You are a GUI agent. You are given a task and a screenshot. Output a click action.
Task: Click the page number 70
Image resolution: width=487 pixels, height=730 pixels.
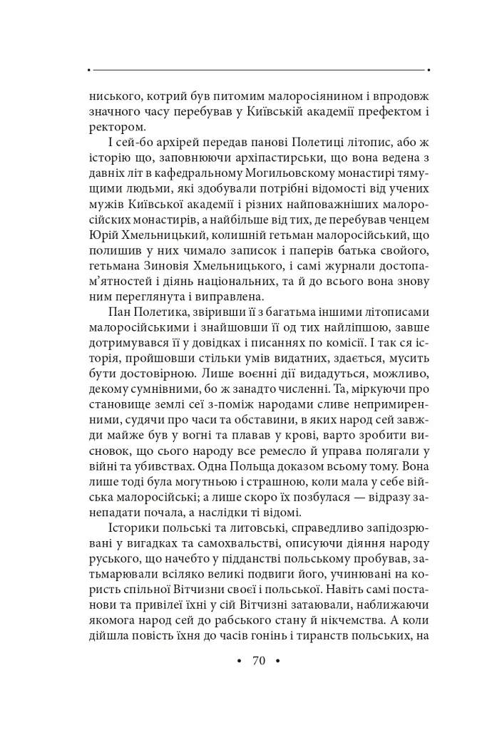(258, 661)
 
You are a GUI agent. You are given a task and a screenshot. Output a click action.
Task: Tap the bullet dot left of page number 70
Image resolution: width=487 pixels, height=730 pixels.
(239, 661)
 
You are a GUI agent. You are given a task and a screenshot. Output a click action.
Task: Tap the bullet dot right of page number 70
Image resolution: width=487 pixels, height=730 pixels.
(277, 661)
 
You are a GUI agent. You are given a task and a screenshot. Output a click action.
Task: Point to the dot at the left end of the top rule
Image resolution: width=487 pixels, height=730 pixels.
(88, 70)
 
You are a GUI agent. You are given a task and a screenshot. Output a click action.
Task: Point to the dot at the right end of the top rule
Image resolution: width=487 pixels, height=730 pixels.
(428, 70)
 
